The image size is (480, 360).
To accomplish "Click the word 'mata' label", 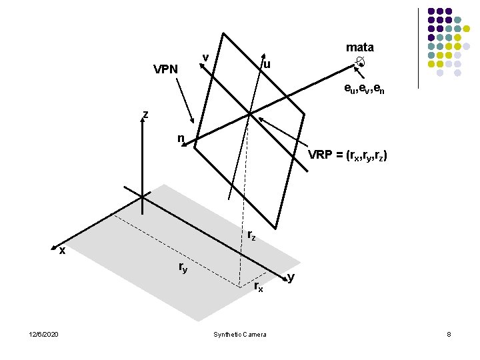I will tap(359, 47).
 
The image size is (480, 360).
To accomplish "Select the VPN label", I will tap(165, 69).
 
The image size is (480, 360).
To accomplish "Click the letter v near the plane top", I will tap(206, 57).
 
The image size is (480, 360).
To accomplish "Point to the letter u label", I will tap(267, 65).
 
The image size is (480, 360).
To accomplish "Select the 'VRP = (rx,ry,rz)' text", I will tap(347, 156).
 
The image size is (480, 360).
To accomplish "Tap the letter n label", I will tap(180, 138).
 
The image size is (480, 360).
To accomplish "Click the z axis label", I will tap(145, 114).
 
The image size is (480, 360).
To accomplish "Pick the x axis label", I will tap(61, 251).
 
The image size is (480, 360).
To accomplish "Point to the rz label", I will tap(251, 235).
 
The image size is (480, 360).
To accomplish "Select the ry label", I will tap(183, 267).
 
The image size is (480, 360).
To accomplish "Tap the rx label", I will tap(259, 287).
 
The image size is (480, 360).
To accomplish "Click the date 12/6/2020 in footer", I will tap(44, 333).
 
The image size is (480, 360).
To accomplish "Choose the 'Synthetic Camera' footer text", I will tap(239, 333).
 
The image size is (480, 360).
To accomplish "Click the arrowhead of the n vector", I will tap(189, 141).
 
